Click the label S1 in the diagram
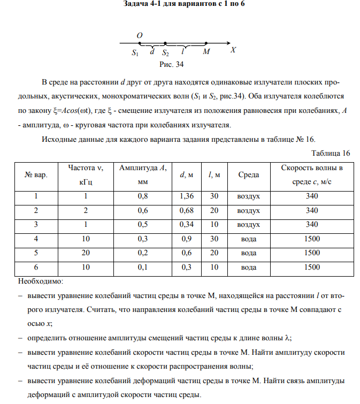point(135,53)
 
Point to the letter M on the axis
point(206,52)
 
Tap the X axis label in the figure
point(233,50)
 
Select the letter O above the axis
point(139,35)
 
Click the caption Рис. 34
point(172,65)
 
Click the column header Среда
point(248,174)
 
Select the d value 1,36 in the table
point(187,196)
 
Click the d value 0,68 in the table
point(187,210)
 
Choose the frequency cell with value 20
point(85,253)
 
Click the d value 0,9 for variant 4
point(187,239)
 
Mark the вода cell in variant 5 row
point(248,253)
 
